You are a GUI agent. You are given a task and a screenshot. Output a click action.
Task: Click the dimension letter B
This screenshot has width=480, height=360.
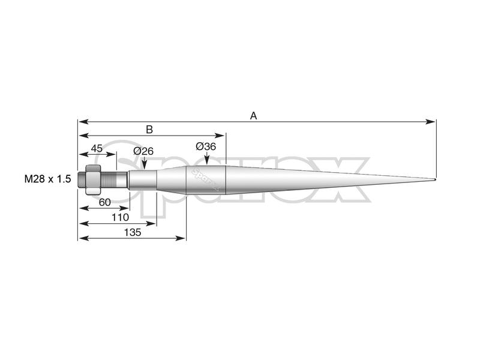click(149, 129)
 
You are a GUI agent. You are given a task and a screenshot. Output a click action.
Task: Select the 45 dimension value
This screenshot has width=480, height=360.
click(97, 148)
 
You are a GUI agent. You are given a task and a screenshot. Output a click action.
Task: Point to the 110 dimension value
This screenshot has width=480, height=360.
click(120, 216)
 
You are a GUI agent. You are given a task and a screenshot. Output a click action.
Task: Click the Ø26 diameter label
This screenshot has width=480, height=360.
click(144, 151)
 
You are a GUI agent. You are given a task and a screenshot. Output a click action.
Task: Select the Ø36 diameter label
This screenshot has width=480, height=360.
click(206, 146)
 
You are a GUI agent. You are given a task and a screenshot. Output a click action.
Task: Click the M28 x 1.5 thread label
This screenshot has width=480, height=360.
click(48, 179)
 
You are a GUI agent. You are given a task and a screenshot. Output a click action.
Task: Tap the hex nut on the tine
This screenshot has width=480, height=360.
click(93, 179)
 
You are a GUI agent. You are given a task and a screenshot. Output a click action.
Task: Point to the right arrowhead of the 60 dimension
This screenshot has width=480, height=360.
click(124, 208)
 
